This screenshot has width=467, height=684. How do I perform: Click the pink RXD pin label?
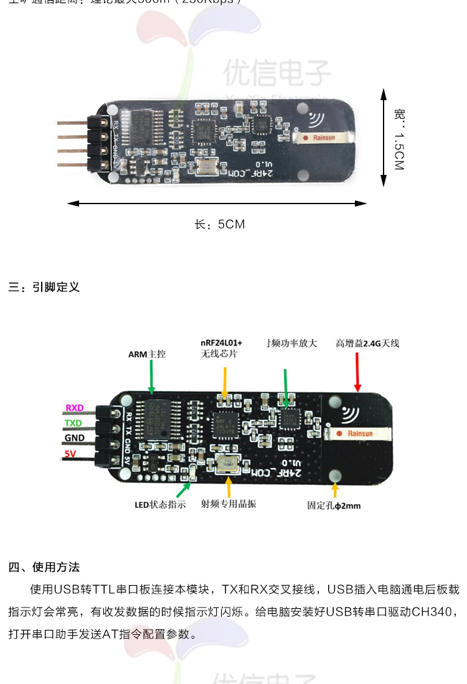pyautogui.click(x=75, y=408)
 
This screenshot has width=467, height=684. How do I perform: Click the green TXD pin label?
pyautogui.click(x=73, y=423)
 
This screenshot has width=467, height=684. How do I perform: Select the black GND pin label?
pyautogui.click(x=74, y=438)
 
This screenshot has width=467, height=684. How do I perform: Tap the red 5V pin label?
pyautogui.click(x=70, y=454)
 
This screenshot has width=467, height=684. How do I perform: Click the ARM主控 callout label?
pyautogui.click(x=147, y=354)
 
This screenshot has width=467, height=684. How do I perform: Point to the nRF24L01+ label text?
pyautogui.click(x=221, y=343)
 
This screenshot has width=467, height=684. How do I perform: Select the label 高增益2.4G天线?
pyautogui.click(x=367, y=343)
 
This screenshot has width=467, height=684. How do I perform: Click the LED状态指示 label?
pyautogui.click(x=160, y=505)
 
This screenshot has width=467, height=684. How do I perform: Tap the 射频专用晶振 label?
pyautogui.click(x=229, y=504)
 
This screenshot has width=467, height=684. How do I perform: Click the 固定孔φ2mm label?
pyautogui.click(x=334, y=505)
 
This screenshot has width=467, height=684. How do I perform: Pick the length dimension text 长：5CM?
pyautogui.click(x=220, y=224)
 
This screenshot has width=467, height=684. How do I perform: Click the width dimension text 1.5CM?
pyautogui.click(x=399, y=149)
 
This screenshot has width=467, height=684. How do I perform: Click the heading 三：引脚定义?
pyautogui.click(x=44, y=288)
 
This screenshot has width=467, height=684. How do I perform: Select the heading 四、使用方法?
pyautogui.click(x=44, y=568)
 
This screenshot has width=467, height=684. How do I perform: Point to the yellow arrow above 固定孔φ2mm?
pyautogui.click(x=336, y=490)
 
